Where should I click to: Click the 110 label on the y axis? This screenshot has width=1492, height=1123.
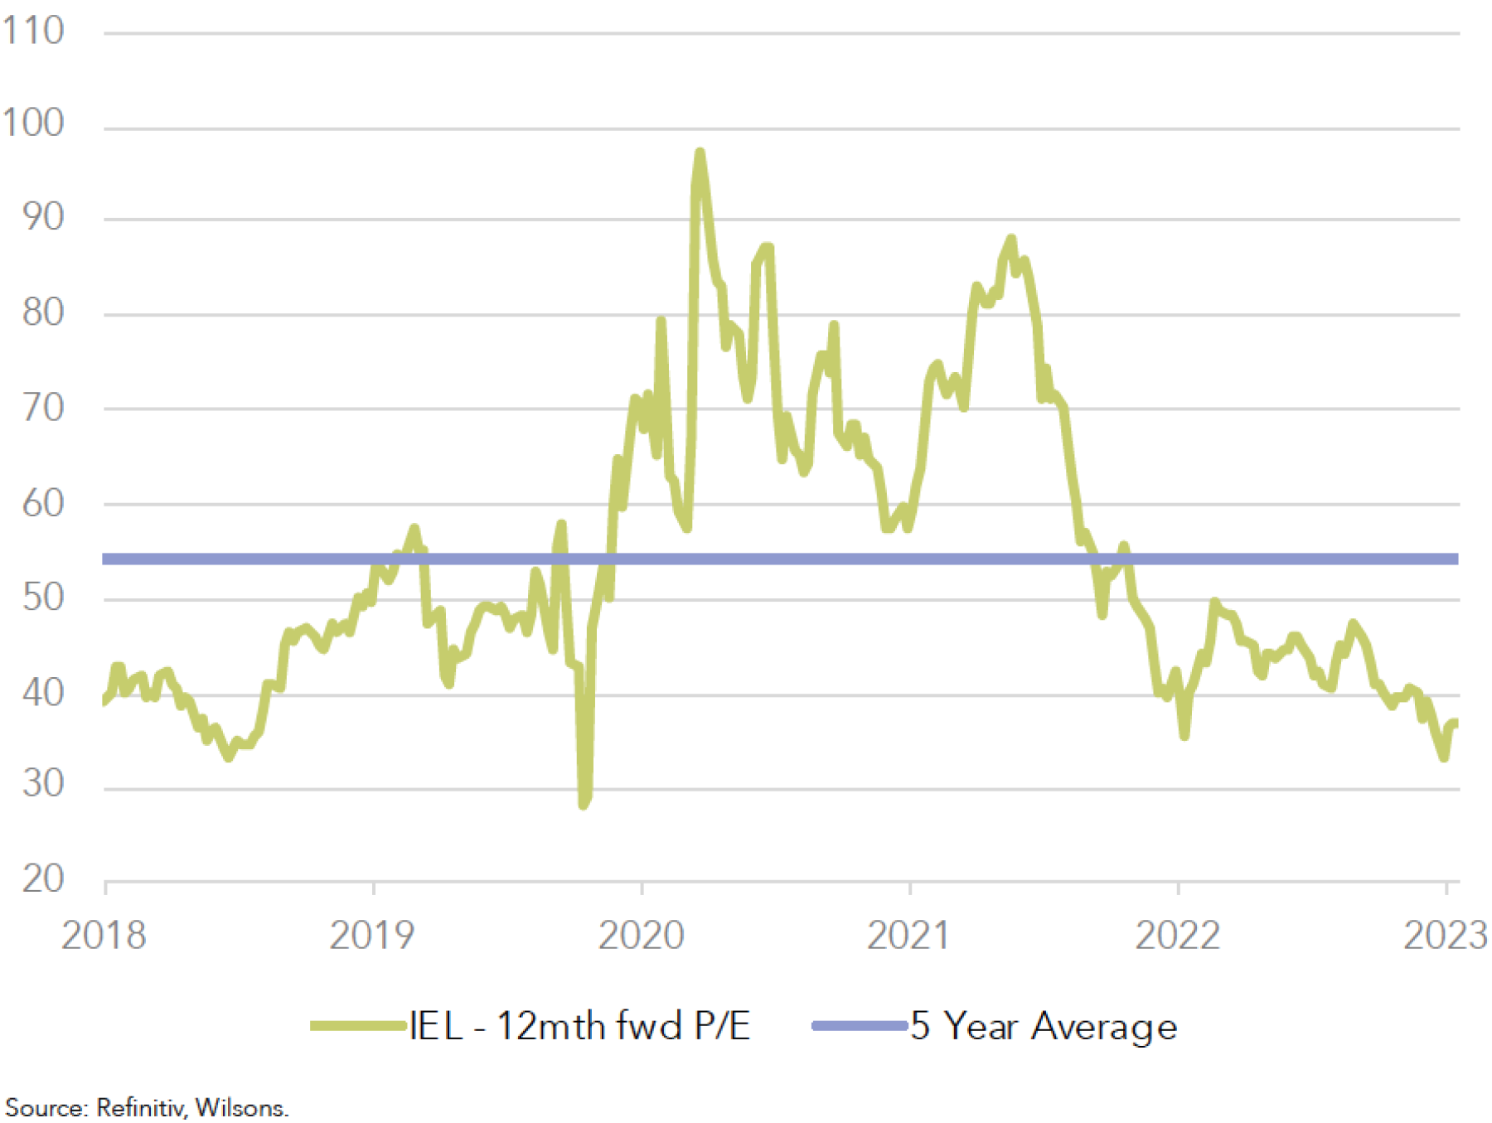tap(33, 31)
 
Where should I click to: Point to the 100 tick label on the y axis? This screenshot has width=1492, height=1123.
tap(33, 123)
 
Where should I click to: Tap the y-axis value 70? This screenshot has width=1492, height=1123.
tap(43, 409)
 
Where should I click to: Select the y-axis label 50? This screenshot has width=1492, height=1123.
tap(43, 598)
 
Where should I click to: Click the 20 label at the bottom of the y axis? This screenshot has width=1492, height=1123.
tap(43, 879)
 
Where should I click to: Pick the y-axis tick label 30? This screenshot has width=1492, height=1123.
tap(43, 784)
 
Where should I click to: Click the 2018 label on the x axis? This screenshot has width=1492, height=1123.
tap(104, 936)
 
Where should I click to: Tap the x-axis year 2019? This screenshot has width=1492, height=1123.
tap(372, 936)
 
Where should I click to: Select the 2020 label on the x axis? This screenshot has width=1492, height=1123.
tap(641, 936)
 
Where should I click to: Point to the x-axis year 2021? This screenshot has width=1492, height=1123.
tap(908, 936)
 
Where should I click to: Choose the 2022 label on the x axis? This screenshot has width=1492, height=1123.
tap(1177, 936)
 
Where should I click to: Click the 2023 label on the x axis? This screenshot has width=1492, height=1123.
tap(1444, 936)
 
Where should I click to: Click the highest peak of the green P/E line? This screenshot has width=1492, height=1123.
tap(700, 153)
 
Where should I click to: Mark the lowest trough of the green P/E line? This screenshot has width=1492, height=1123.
tap(584, 803)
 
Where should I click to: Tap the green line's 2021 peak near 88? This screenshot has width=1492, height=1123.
tap(1011, 240)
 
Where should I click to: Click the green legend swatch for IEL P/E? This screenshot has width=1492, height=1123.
tap(359, 1026)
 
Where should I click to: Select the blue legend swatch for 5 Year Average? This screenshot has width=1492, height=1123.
tap(860, 1026)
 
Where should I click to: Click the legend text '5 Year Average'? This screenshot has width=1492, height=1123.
tap(1044, 1026)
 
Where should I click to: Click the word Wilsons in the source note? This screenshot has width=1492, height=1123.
tap(242, 1108)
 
